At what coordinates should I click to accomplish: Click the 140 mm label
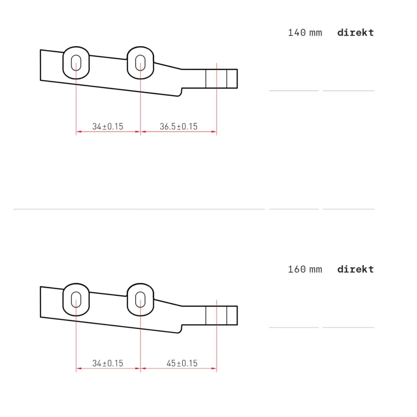coord(305,33)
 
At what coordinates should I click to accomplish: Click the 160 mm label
coord(305,269)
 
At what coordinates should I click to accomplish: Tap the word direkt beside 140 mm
coord(355,33)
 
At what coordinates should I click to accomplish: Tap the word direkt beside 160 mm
coord(355,269)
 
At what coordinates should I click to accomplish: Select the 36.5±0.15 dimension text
coord(179,127)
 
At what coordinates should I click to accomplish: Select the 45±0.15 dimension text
coord(182,363)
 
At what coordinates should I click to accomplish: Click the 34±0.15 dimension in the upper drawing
coord(108,127)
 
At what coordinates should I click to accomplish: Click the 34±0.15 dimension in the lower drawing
coord(108,363)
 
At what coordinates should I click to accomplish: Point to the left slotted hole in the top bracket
coord(76,63)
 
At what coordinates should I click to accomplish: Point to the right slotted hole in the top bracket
coord(140,63)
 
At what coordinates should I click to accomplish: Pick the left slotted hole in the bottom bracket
coord(76,300)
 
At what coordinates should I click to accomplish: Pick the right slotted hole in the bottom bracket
coord(140,300)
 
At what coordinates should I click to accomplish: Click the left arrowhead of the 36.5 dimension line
coord(143,132)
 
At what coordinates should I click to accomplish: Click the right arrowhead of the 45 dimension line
coord(214,368)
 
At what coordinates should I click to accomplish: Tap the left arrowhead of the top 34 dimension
coord(78,132)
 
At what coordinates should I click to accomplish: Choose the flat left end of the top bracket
coord(41,65)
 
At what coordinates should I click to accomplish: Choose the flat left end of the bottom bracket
coord(41,302)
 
